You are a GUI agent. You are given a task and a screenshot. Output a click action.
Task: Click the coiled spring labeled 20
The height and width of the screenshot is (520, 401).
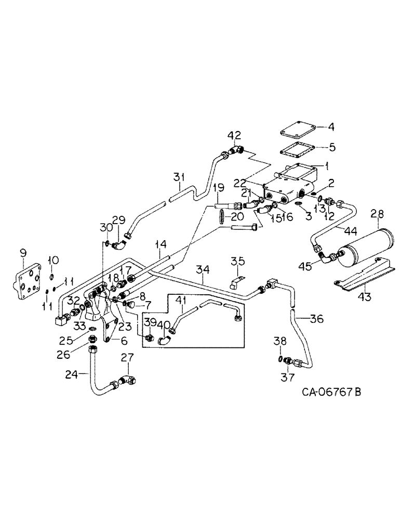tap(223, 217)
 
